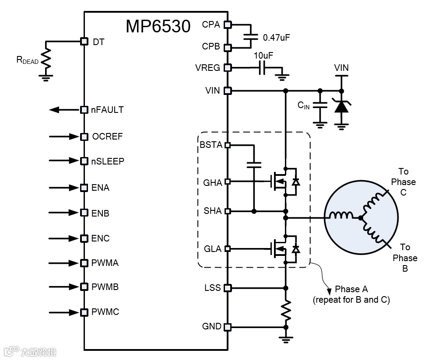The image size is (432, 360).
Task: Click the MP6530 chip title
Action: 158,27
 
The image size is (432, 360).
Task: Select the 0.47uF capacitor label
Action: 276,38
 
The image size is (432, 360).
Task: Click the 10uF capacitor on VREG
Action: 262,68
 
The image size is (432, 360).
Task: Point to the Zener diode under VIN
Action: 341,105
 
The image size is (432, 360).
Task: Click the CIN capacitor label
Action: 304,105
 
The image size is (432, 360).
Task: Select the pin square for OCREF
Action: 84,136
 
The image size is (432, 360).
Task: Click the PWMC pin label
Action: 105,312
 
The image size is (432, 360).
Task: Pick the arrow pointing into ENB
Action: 64,213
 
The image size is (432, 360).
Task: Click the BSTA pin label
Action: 211,145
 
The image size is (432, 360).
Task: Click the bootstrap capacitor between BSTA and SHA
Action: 253,164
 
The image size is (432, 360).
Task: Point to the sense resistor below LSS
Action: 286,310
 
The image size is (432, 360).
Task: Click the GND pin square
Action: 227,327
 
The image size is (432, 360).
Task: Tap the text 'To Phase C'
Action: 403,182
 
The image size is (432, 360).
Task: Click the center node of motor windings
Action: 360,217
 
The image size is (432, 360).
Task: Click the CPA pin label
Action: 211,24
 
